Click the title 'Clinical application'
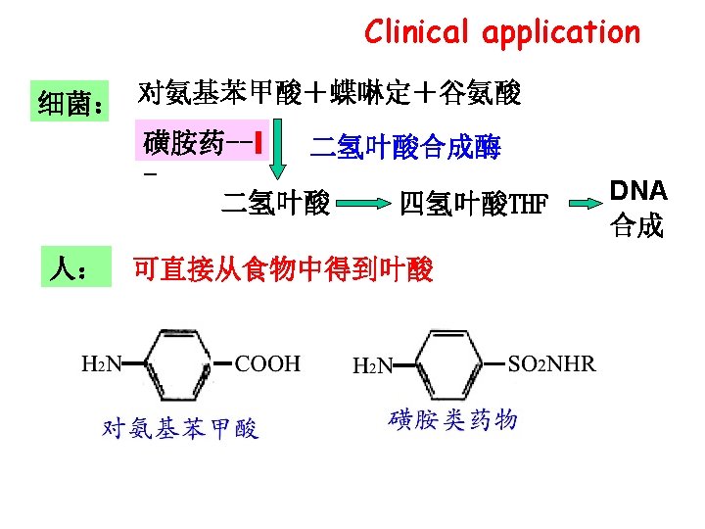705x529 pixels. pos(501,32)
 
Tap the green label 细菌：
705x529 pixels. pos(71,101)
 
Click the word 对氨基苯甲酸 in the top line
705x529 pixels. pos(211,94)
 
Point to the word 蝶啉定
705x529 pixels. pos(364,94)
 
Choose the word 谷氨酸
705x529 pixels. pos(481,94)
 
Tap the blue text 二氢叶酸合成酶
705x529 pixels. pos(405,148)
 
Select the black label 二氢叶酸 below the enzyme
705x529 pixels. pos(275,204)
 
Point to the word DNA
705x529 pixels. pos(637,190)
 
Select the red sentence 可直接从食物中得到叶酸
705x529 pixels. pos(283,269)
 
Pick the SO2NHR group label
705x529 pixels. pos(551,364)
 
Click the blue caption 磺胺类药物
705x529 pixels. pos(453,420)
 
